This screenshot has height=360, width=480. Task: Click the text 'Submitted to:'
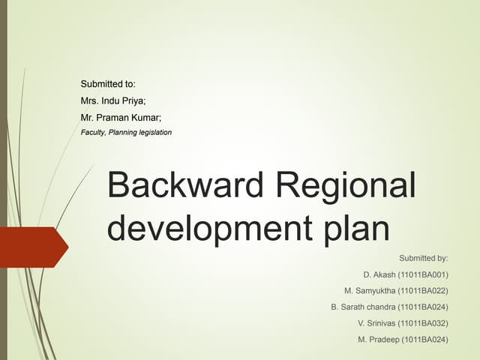(107, 84)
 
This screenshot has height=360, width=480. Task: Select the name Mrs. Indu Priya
(112, 100)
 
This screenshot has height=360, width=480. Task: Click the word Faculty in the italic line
(92, 133)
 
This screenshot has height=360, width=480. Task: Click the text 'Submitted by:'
(424, 257)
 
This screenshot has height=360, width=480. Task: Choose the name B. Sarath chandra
(363, 307)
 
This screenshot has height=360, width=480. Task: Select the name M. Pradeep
(379, 340)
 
